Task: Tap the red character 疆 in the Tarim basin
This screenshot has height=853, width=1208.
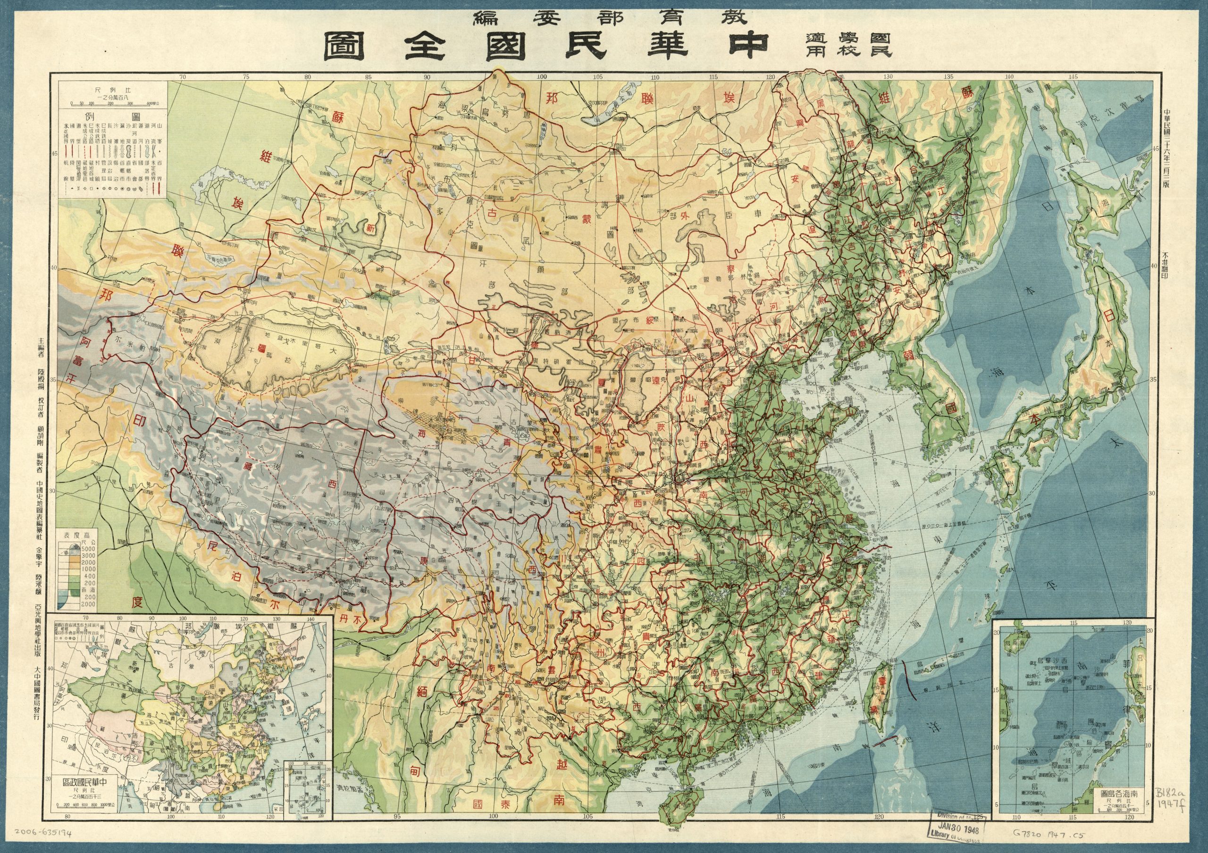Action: [261, 348]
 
